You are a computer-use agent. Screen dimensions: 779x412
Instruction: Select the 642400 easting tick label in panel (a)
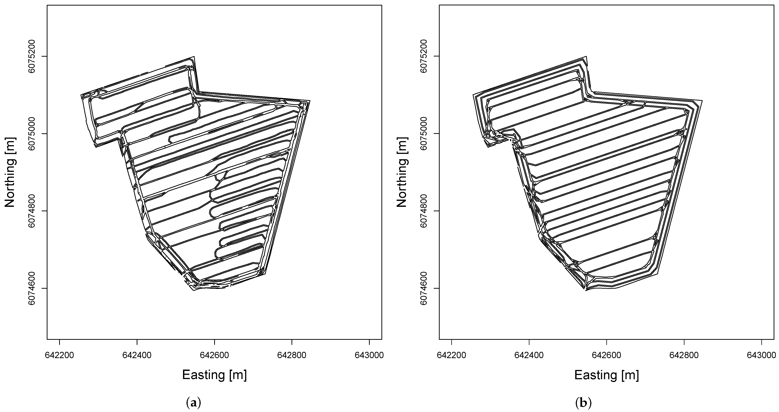pos(137,355)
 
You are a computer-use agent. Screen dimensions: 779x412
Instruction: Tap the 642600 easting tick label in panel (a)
pos(214,355)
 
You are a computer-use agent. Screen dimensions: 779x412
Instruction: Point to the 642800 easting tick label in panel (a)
pos(292,355)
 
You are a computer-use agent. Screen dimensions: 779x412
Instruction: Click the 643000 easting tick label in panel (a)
pos(369,355)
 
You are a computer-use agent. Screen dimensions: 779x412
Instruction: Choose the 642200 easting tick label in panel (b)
pos(452,355)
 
